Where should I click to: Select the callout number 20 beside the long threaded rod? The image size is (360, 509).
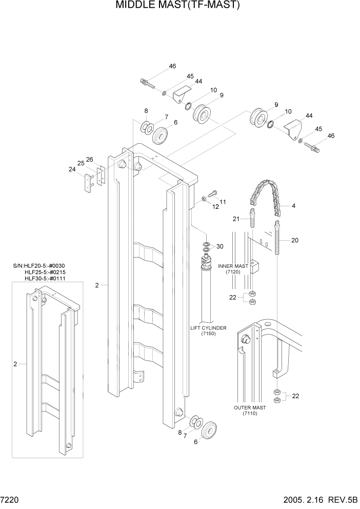pos(294,240)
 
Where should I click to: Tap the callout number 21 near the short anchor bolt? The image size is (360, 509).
pos(236,219)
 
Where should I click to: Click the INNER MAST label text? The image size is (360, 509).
pos(233,266)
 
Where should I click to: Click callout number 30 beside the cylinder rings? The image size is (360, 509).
pos(220,247)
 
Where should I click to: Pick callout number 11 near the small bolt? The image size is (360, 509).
pos(223,201)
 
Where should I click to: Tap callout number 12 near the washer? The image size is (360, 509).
pos(215,207)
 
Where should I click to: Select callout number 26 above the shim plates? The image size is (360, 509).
pos(89,159)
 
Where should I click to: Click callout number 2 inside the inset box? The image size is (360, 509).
pos(15,364)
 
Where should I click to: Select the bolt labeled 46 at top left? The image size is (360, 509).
pos(146,82)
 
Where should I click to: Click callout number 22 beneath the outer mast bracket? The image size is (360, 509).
pos(295,396)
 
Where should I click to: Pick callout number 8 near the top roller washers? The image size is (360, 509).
pos(146,111)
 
